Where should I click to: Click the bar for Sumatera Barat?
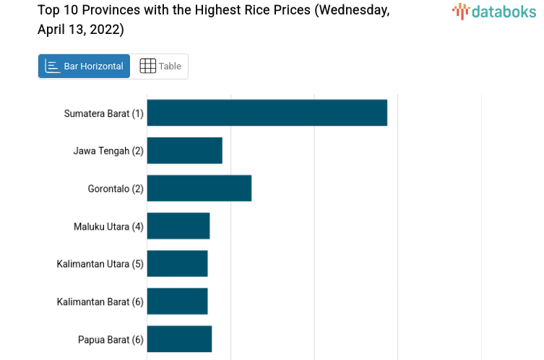point(267,113)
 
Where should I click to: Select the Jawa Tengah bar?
point(184,150)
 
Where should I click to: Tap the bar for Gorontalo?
point(199,188)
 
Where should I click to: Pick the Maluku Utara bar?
point(178,226)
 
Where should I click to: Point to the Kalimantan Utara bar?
point(177,264)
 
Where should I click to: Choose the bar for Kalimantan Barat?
point(177,301)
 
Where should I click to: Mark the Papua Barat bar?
point(179,339)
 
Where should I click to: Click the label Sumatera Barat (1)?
point(103,113)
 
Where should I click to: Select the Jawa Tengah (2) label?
point(108,151)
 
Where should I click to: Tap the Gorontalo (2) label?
point(116,189)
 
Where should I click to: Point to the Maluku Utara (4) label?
point(108,226)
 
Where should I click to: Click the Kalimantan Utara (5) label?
point(100,264)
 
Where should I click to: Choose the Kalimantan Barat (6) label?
point(100,301)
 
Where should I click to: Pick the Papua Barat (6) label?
point(111,339)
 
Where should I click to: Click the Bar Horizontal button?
point(84,67)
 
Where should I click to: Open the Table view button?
point(160,67)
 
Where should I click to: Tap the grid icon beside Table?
point(147,67)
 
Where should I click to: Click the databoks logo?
point(494,11)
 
